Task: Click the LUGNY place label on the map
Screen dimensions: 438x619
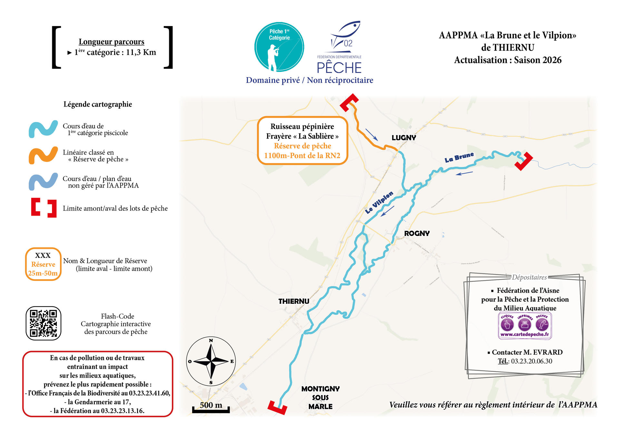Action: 404,138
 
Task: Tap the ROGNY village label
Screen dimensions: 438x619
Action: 417,233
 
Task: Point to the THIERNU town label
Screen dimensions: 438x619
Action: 294,301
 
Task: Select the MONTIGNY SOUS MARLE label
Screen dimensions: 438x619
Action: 320,398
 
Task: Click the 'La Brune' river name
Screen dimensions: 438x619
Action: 459,158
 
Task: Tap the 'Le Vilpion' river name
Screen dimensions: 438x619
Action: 379,202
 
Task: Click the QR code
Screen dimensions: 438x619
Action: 43,323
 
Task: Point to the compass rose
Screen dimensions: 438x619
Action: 211,361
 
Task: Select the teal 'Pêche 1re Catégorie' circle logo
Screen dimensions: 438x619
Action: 279,47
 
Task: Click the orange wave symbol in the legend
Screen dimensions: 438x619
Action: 43,155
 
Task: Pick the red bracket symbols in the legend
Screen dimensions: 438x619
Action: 44,208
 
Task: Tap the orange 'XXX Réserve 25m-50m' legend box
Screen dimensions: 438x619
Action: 43,264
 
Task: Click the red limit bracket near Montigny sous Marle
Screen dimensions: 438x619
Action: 277,407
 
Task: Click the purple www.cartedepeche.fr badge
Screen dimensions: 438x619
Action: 525,325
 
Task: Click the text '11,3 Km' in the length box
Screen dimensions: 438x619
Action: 141,52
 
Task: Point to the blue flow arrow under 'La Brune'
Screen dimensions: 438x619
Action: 464,173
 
